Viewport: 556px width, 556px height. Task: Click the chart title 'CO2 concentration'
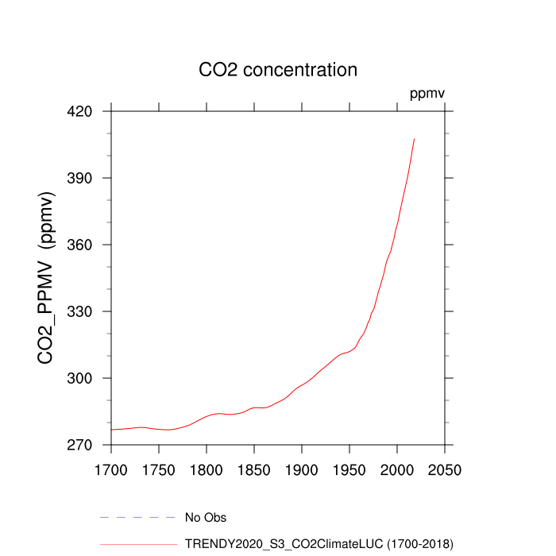tap(278, 70)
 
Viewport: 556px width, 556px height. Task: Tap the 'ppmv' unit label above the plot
tap(427, 94)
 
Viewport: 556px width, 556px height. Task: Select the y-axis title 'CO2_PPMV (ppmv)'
tap(46, 278)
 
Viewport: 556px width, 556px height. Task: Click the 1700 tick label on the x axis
tap(111, 469)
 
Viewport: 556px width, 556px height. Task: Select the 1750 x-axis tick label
tap(159, 469)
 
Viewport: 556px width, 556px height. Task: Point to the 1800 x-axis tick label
tap(207, 469)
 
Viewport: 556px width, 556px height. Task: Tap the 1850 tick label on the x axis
tap(254, 469)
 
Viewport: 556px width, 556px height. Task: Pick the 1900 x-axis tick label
tap(302, 469)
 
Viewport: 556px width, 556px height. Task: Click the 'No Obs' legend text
tap(206, 518)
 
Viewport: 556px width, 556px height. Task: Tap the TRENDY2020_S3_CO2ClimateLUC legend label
tap(319, 544)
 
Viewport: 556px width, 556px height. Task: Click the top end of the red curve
tap(415, 139)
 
